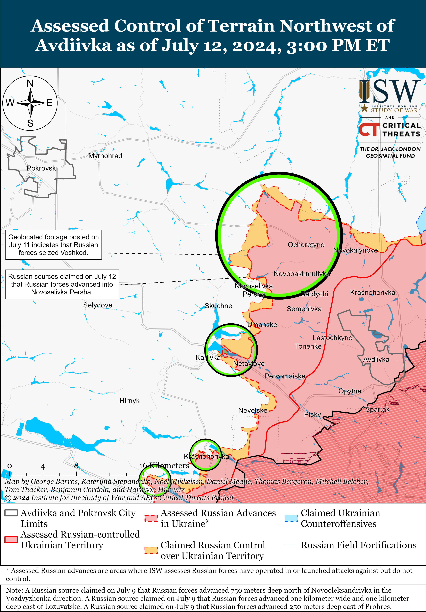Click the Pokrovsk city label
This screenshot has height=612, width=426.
click(41, 168)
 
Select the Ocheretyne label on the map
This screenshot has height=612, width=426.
click(306, 245)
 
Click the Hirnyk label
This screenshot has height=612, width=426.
click(129, 401)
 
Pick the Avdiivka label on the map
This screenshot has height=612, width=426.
click(376, 360)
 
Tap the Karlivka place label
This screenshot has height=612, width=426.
click(208, 357)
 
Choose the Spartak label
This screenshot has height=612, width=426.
click(377, 409)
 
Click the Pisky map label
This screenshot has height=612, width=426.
click(312, 415)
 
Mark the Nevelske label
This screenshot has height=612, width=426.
click(253, 411)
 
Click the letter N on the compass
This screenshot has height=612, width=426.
click(30, 83)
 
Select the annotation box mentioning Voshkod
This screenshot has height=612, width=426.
click(53, 245)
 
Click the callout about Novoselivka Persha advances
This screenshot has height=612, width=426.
click(62, 284)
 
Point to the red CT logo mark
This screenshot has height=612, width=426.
click(369, 130)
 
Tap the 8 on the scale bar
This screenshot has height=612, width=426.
click(76, 465)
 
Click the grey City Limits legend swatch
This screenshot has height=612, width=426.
click(11, 513)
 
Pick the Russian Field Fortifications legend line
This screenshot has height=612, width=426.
click(291, 545)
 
